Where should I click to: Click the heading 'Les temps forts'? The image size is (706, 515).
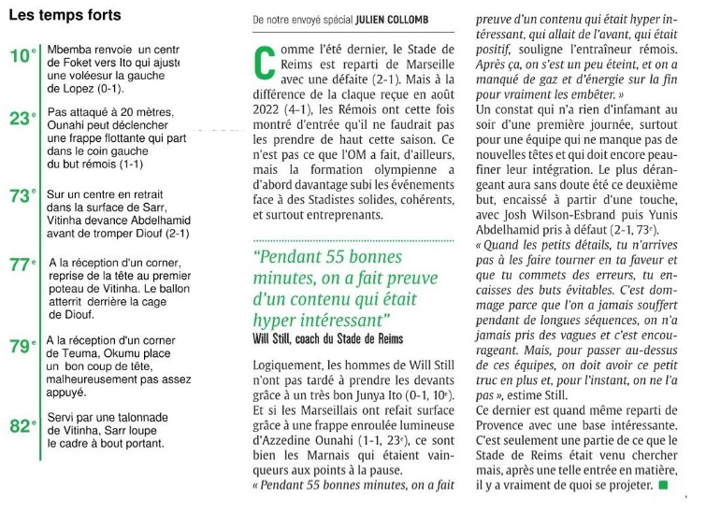[x=65, y=16]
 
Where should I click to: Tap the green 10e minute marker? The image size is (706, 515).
[x=22, y=57]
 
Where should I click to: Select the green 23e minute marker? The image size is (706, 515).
[x=22, y=118]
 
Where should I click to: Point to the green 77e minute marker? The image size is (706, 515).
[x=22, y=265]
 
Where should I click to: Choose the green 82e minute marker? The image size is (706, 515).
[x=22, y=426]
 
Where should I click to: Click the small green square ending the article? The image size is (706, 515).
[x=663, y=486]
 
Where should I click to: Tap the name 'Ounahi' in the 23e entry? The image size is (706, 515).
[x=69, y=123]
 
